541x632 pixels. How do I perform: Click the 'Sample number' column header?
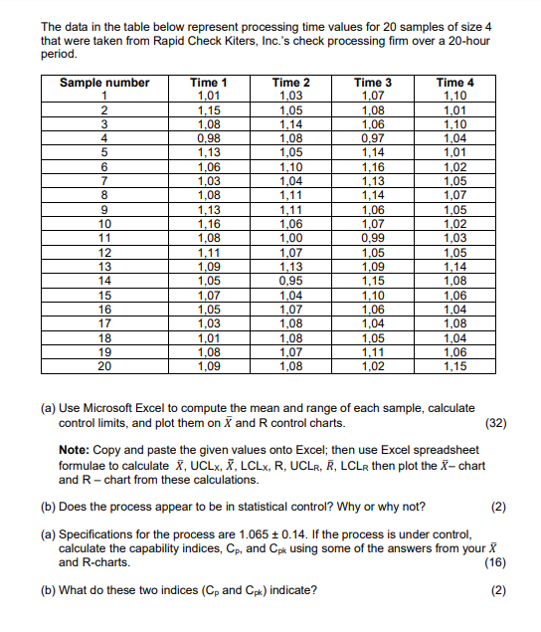tap(105, 83)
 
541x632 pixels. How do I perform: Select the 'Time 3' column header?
tap(373, 83)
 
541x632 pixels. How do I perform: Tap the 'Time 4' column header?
tap(454, 83)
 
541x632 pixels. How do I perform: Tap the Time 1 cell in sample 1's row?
tap(209, 96)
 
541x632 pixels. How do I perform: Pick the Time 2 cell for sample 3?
tap(290, 123)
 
